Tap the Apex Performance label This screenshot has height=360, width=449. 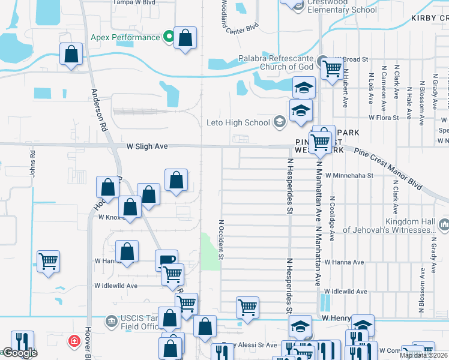[x=125, y=37]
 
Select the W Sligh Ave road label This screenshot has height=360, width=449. [x=146, y=146]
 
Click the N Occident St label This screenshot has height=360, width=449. [x=221, y=239]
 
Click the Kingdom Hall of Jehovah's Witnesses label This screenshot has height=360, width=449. [x=394, y=226]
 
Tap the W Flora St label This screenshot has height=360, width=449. [x=382, y=118]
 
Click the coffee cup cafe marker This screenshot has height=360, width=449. [x=167, y=260]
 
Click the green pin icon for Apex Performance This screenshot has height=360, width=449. [x=169, y=37]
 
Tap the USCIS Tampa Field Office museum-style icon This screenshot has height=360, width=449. [x=110, y=321]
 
